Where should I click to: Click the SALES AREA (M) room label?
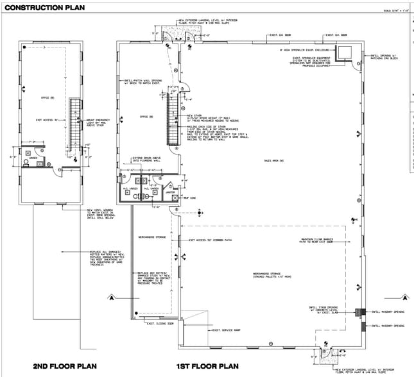coord(273,160)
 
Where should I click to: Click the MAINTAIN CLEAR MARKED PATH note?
coord(316,241)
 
